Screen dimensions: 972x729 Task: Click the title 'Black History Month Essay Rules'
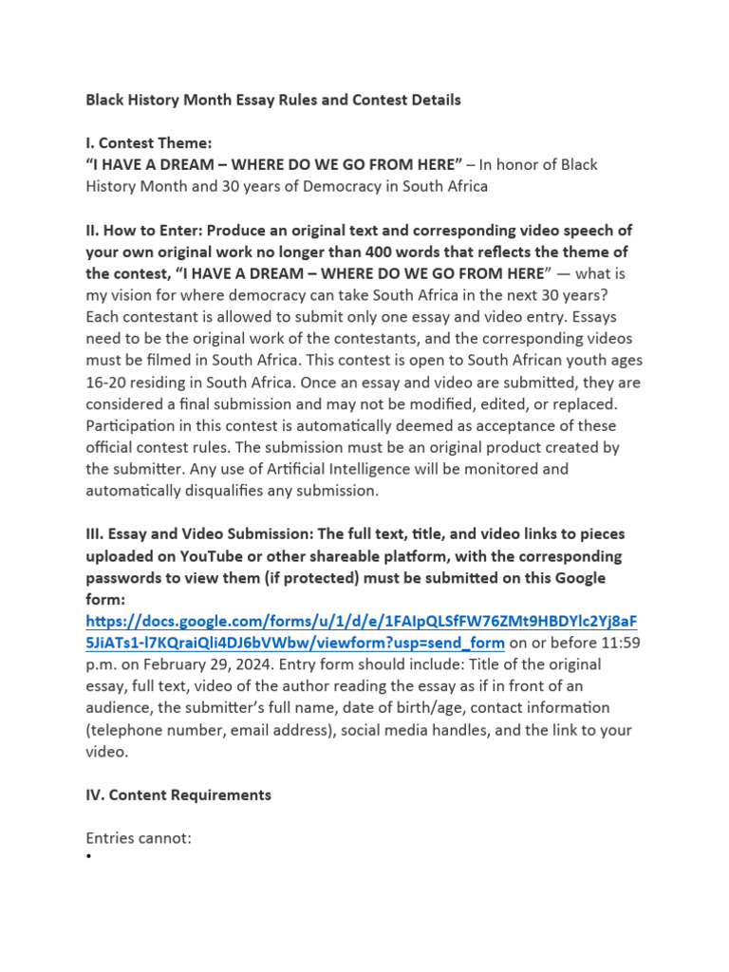point(273,100)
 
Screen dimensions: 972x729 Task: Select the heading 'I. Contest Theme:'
point(149,143)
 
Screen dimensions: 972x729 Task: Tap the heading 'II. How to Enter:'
point(144,231)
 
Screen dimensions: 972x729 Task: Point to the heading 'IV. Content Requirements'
point(178,795)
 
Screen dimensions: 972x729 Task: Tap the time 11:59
point(621,643)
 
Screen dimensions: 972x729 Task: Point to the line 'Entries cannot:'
point(139,838)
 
